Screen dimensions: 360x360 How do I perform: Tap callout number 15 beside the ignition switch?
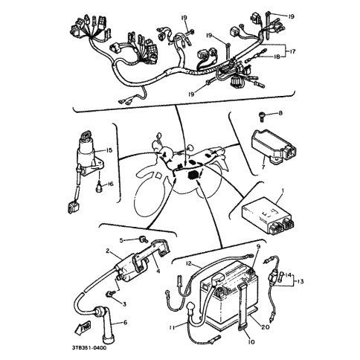pos(109,150)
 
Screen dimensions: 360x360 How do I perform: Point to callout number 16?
pos(110,184)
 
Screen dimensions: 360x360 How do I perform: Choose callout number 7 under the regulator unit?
pos(263,167)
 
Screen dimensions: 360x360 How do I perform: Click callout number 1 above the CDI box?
pos(283,190)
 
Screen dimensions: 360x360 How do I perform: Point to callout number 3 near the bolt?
pos(124,303)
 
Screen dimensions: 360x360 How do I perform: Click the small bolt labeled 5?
pos(144,240)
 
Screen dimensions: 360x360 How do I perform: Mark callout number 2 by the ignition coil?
pos(108,251)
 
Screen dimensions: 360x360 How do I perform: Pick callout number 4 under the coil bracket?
pos(158,271)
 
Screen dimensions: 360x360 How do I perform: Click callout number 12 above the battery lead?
pos(189,263)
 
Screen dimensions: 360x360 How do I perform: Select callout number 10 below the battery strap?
pos(251,342)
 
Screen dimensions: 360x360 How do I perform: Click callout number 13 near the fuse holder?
pos(300,282)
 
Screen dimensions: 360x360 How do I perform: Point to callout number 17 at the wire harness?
pos(292,51)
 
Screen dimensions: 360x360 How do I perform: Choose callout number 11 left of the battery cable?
pos(173,328)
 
